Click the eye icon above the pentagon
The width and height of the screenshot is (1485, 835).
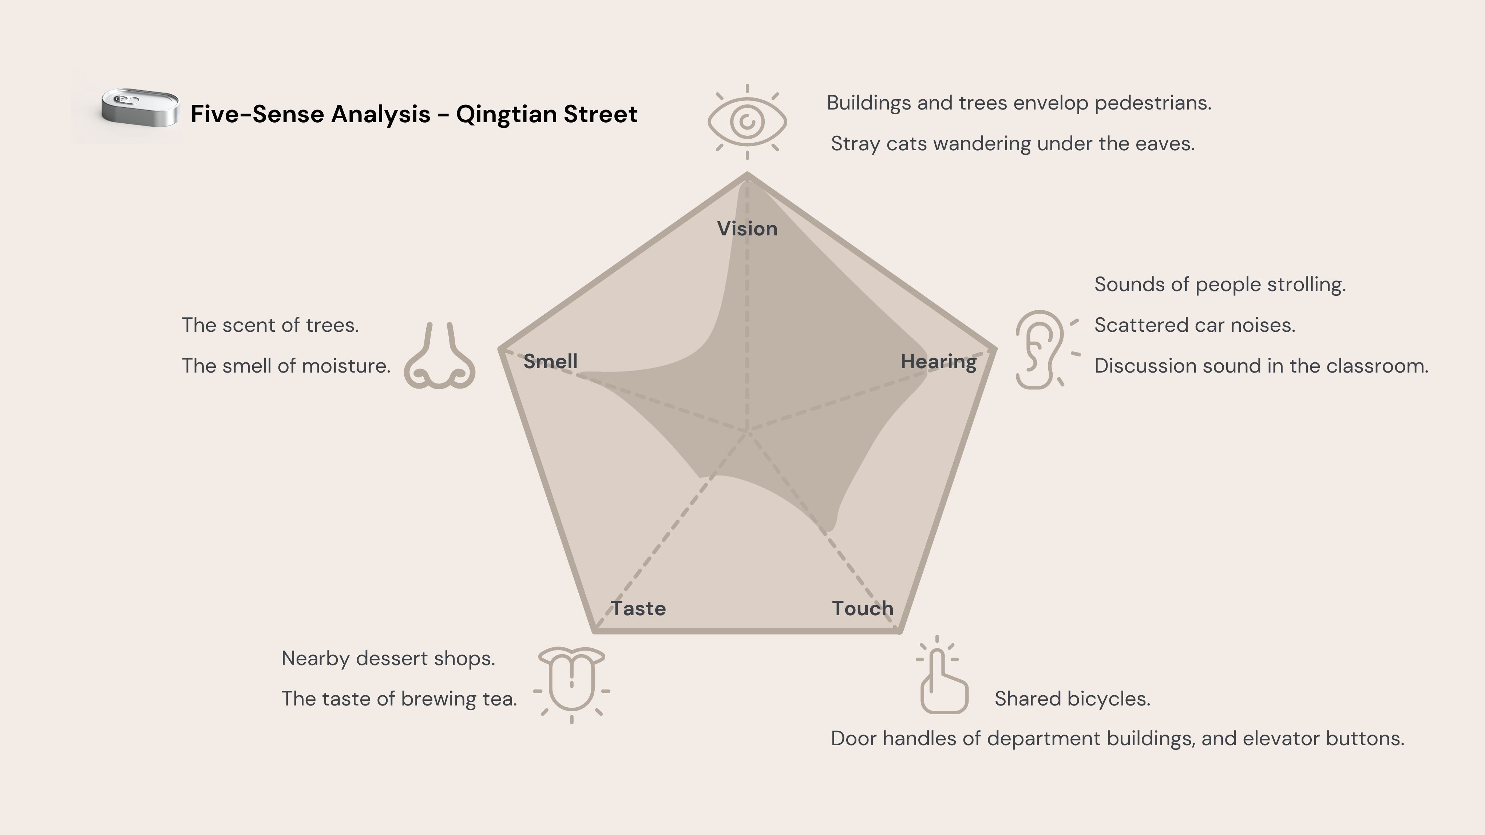(x=747, y=122)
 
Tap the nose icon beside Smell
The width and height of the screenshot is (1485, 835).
(x=440, y=357)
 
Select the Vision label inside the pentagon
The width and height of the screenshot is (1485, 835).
(x=747, y=229)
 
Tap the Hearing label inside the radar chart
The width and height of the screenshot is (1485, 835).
(x=939, y=362)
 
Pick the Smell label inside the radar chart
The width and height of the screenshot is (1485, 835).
(x=551, y=362)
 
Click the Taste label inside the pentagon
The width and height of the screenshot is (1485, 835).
(x=638, y=609)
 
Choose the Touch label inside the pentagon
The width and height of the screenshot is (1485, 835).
(x=862, y=609)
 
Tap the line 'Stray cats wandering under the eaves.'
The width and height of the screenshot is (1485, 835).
(x=1013, y=143)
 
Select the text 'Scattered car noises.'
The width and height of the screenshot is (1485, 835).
(x=1195, y=325)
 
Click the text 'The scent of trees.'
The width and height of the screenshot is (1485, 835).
(x=270, y=325)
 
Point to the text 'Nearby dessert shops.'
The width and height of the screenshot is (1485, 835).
(x=388, y=658)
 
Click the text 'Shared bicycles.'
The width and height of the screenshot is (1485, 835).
(x=1072, y=699)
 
